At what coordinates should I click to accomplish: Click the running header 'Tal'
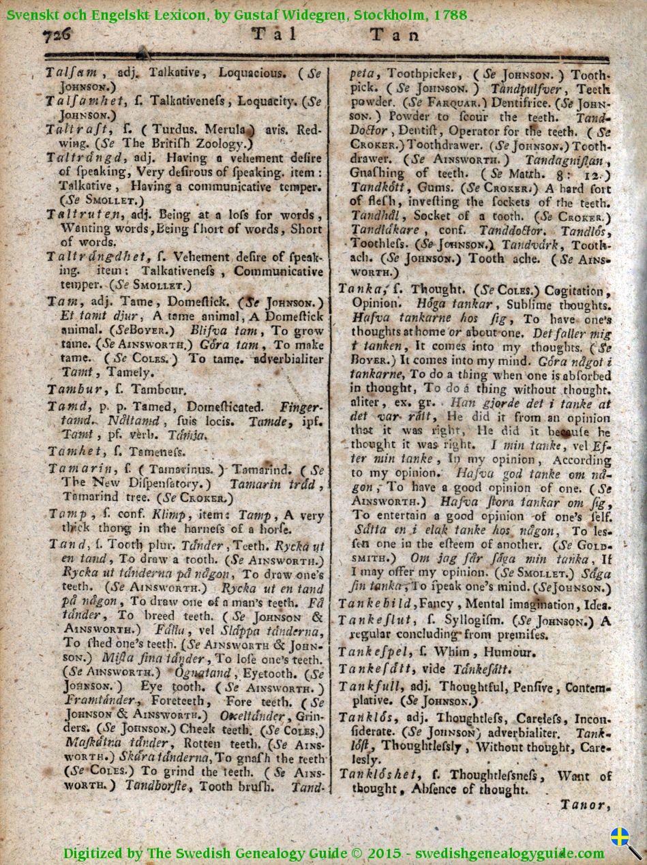tap(274, 35)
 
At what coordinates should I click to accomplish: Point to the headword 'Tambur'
tap(75, 389)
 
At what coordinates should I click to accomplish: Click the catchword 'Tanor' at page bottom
tap(582, 805)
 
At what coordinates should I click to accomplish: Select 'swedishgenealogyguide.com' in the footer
tap(509, 853)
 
